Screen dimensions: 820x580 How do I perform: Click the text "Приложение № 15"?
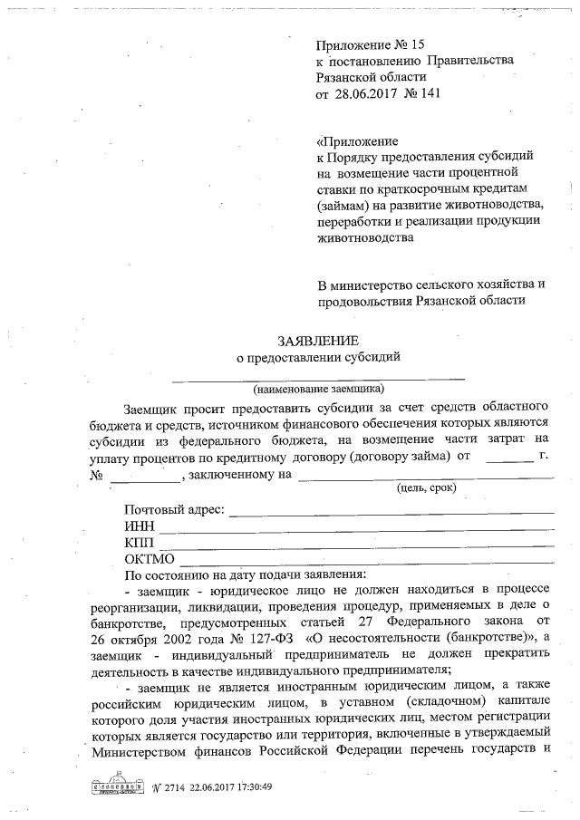(370, 44)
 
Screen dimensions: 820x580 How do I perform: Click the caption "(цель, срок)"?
(426, 487)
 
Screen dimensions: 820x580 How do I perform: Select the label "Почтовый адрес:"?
(174, 510)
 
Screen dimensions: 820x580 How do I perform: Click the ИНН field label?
(140, 526)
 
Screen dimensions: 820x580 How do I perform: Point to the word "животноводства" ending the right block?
(364, 238)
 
